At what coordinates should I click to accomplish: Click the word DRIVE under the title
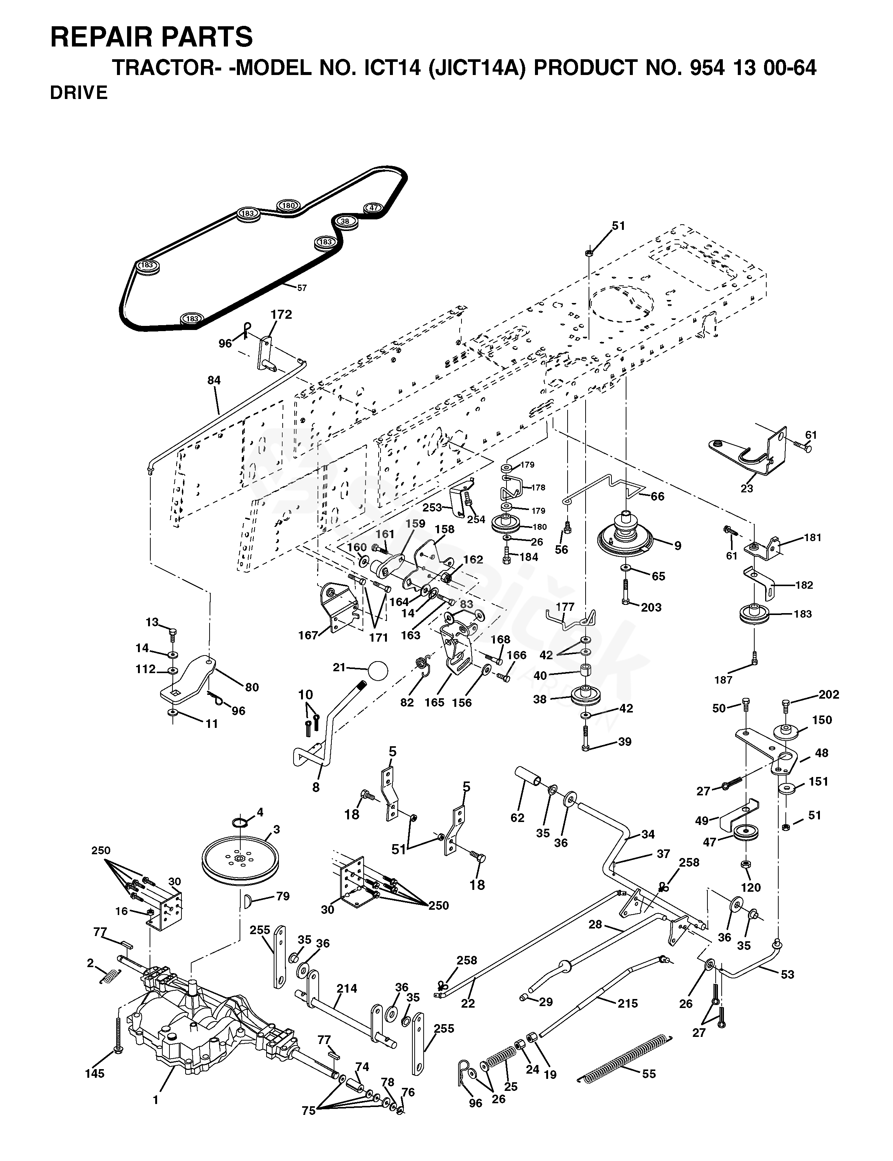point(79,93)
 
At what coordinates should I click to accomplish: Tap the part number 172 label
point(281,315)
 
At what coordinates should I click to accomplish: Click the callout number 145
point(94,1074)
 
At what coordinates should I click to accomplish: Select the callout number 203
point(651,607)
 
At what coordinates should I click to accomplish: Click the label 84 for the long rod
point(214,380)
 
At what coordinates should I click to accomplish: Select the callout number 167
point(308,635)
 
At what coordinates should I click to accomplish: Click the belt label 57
point(302,288)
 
